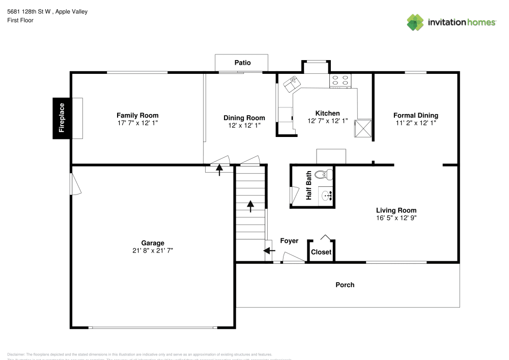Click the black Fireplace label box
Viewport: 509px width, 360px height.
pos(62,118)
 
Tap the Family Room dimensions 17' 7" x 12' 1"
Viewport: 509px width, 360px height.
pos(137,123)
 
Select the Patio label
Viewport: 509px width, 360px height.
pos(242,63)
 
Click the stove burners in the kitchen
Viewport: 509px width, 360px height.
pos(341,80)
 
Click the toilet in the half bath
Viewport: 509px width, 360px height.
pos(323,175)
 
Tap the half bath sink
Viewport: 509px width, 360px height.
pos(328,194)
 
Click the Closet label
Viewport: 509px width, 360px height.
pos(321,252)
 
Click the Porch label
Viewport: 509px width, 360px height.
pos(345,285)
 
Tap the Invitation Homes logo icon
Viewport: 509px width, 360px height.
pos(415,22)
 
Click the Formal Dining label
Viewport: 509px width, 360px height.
pos(415,116)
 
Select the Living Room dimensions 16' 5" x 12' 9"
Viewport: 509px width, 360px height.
pos(396,217)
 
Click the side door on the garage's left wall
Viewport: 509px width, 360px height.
pos(75,184)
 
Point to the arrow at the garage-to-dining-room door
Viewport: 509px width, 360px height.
pos(219,170)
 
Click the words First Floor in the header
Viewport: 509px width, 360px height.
pos(20,20)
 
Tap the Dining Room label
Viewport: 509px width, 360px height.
pos(244,118)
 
